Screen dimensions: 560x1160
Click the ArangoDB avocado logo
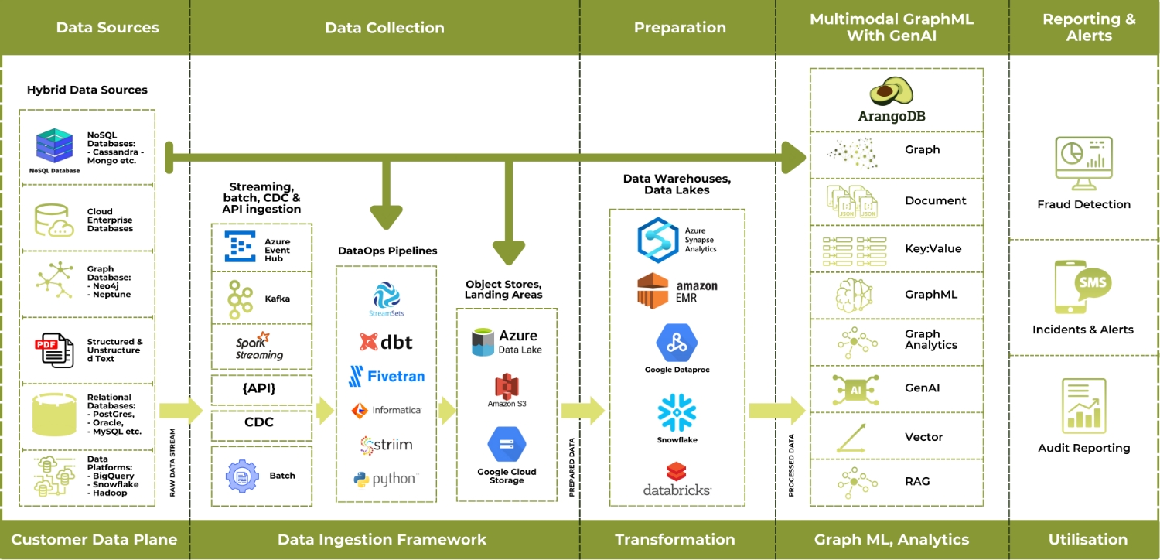[x=891, y=92]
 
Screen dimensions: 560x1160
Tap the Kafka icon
[x=240, y=298]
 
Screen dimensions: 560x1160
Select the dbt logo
[x=386, y=342]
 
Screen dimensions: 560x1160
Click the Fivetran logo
[x=386, y=377]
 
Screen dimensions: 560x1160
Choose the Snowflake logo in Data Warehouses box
[x=677, y=413]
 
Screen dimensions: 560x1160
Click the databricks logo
[x=677, y=478]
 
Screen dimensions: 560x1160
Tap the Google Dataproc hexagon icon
[x=677, y=343]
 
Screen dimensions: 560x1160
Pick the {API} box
[x=261, y=389]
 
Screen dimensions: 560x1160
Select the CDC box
[x=261, y=422]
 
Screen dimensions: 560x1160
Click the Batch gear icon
[x=240, y=476]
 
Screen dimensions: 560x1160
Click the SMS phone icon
[x=1083, y=287]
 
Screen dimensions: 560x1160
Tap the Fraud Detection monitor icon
[x=1083, y=163]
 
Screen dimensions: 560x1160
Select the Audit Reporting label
[x=1083, y=448]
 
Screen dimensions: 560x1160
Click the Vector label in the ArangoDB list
[x=923, y=437]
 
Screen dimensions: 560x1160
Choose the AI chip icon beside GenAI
[x=855, y=390]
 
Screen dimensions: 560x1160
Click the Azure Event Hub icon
[x=240, y=247]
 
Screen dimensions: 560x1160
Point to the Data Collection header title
[x=384, y=28]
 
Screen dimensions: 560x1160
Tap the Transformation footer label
[x=675, y=540]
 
